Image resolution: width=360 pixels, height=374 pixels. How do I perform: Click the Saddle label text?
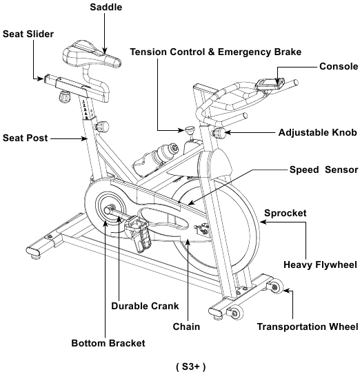106,7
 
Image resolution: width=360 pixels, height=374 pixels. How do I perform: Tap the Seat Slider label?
28,34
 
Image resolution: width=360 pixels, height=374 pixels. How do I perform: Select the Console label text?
339,66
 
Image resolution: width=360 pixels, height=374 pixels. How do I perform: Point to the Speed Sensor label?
323,169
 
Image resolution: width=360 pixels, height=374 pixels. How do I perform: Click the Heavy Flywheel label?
320,264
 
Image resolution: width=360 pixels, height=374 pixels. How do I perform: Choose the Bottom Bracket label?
108,343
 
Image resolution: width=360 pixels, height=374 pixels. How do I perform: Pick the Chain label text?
186,326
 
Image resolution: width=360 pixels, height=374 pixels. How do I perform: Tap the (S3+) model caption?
190,366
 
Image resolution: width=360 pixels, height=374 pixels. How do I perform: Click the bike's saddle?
92,54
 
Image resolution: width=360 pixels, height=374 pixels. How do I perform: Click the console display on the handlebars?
270,84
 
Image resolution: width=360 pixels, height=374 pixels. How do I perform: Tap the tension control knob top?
190,129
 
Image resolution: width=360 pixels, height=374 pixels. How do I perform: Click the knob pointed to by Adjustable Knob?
219,133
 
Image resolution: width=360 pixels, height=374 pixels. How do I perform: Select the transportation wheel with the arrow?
276,287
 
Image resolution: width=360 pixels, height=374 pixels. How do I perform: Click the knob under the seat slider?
64,96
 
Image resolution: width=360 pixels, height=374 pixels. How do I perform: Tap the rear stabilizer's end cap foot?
33,252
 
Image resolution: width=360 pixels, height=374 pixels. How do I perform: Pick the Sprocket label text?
286,213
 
